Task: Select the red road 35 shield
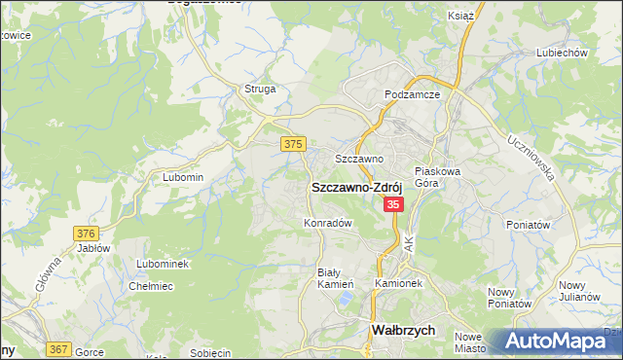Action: click(x=393, y=204)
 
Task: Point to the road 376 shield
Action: click(x=87, y=234)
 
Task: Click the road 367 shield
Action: click(x=57, y=350)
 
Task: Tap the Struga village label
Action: click(x=260, y=89)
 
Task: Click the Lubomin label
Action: click(x=183, y=177)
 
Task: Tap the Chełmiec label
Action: click(x=151, y=286)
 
